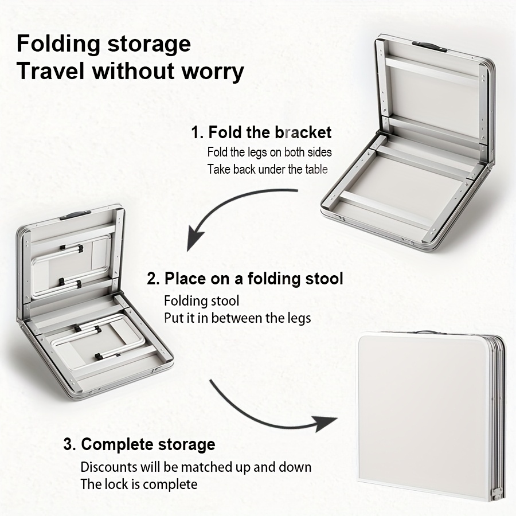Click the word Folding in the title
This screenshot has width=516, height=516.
click(x=58, y=44)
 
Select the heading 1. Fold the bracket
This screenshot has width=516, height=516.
click(x=261, y=132)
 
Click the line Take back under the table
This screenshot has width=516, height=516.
click(x=267, y=170)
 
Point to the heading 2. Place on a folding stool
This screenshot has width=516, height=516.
click(x=245, y=279)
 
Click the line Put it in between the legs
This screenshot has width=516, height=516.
click(x=237, y=318)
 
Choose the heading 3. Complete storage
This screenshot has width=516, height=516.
click(x=139, y=444)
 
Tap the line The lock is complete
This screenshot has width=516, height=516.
click(x=139, y=484)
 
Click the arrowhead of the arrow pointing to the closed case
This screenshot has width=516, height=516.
click(x=326, y=423)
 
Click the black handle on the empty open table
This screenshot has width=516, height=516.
click(x=429, y=46)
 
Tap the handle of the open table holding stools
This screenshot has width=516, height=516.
click(x=75, y=216)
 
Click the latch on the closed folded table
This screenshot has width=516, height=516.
click(x=497, y=494)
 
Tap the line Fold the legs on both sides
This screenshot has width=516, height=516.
click(x=269, y=152)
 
